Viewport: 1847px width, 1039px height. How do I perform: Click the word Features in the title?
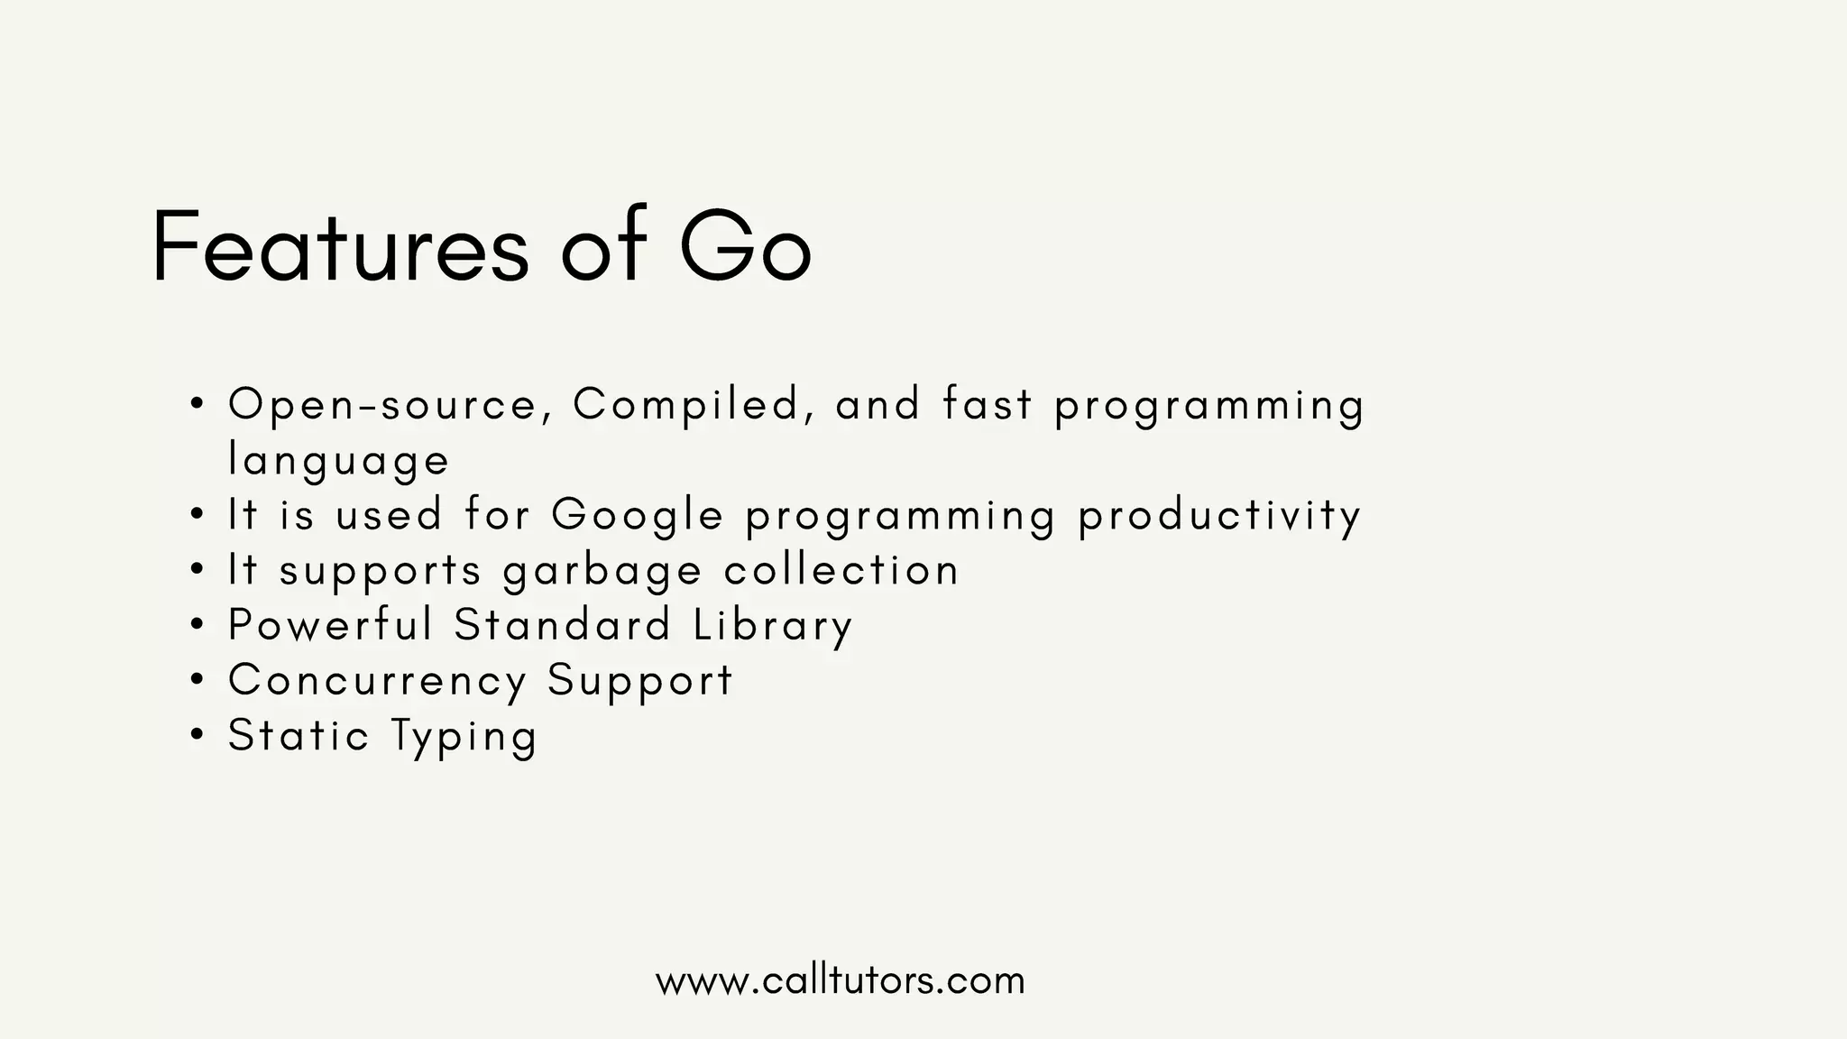click(340, 246)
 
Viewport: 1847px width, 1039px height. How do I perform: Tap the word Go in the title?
click(745, 246)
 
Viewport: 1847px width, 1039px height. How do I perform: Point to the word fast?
click(987, 404)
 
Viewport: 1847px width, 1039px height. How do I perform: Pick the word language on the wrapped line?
click(338, 461)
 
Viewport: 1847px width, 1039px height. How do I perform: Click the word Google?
click(638, 516)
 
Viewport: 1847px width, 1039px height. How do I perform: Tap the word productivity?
click(1219, 516)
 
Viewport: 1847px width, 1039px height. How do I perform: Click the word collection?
click(841, 571)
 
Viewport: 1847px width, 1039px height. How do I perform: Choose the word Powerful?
click(331, 625)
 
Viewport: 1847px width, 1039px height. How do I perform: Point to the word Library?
click(773, 626)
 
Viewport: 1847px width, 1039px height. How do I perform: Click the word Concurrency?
click(378, 681)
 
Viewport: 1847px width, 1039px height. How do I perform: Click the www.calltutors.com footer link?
click(841, 980)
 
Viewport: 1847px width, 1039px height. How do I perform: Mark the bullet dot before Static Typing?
click(198, 735)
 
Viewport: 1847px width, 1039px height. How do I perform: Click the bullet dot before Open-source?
click(198, 404)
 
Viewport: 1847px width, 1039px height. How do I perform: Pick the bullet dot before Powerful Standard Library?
click(198, 625)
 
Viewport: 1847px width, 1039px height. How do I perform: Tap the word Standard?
click(563, 625)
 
